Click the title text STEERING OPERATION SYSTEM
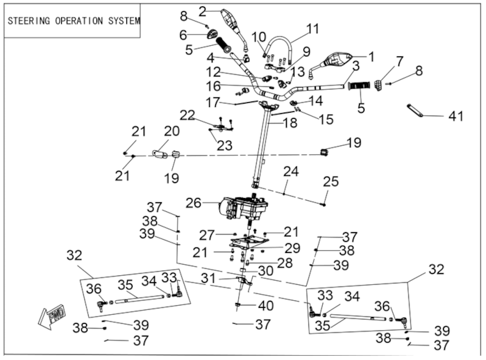(73, 20)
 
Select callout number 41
(455, 117)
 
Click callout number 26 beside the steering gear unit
(194, 204)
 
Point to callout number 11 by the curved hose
(312, 29)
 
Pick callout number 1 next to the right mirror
(370, 56)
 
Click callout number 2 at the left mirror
(203, 10)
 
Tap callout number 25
(330, 182)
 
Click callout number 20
(171, 131)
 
